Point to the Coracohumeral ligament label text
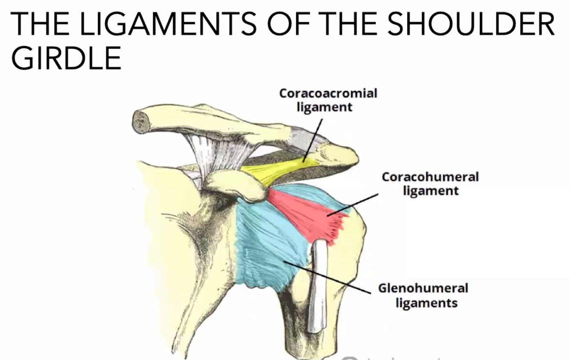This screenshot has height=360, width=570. click(430, 183)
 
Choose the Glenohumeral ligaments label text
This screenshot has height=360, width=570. click(423, 295)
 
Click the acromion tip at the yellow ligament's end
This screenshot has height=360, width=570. click(338, 156)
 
